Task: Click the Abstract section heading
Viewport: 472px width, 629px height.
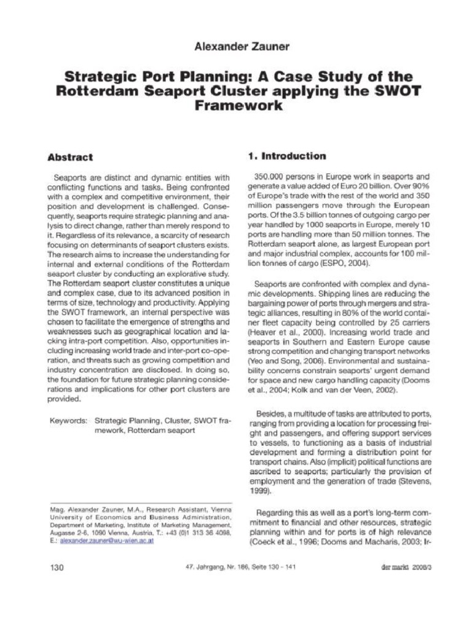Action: point(71,157)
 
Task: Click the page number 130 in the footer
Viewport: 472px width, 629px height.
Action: point(57,567)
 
